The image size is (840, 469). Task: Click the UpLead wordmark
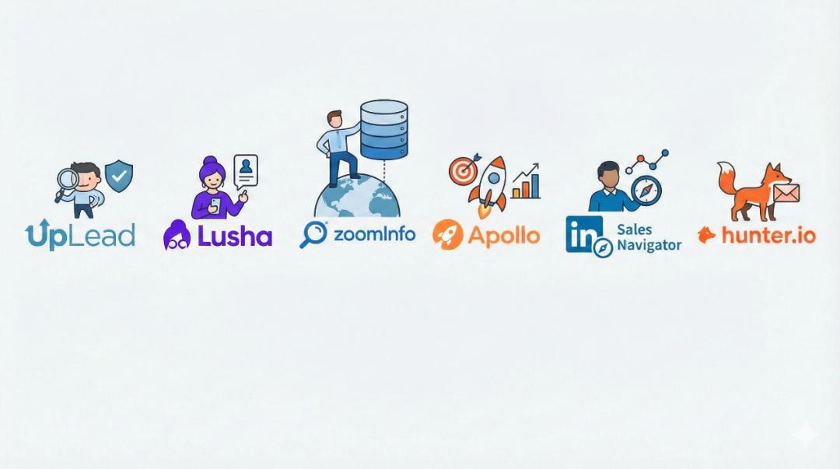pyautogui.click(x=80, y=235)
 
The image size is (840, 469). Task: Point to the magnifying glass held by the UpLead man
pyautogui.click(x=67, y=181)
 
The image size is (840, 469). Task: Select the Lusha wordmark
pyautogui.click(x=234, y=235)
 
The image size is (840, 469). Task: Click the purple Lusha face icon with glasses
pyautogui.click(x=177, y=235)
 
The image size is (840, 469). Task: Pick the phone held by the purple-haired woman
pyautogui.click(x=215, y=205)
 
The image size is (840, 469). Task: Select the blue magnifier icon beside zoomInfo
pyautogui.click(x=313, y=234)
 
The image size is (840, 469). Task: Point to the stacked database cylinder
pyautogui.click(x=384, y=129)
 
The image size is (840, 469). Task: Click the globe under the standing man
pyautogui.click(x=357, y=198)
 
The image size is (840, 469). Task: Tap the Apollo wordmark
pyautogui.click(x=503, y=235)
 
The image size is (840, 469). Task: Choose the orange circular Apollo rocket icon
pyautogui.click(x=447, y=234)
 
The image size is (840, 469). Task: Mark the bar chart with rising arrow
pyautogui.click(x=526, y=182)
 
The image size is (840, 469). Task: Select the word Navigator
pyautogui.click(x=649, y=245)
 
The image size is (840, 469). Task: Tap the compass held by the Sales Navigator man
pyautogui.click(x=646, y=191)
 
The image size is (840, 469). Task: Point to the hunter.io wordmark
pyautogui.click(x=768, y=235)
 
